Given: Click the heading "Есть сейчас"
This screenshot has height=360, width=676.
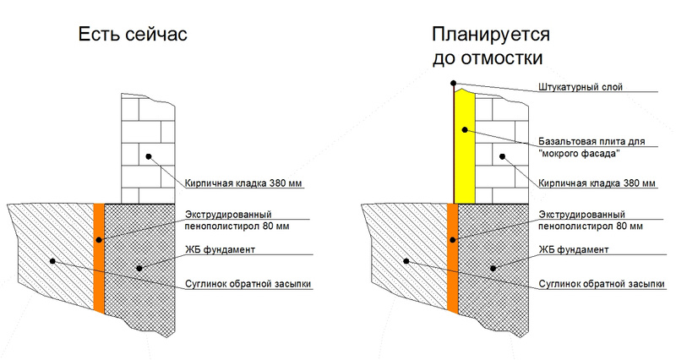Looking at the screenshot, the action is tap(133, 35).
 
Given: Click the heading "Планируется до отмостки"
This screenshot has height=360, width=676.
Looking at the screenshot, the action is tap(491, 46).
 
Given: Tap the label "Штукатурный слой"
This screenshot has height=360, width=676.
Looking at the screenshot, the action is tap(581, 87).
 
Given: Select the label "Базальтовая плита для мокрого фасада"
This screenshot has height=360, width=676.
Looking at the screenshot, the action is tap(591, 147).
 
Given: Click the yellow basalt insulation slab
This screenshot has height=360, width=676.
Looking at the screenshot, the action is tap(465, 146).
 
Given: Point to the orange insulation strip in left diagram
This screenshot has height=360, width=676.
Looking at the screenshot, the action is tap(99, 258).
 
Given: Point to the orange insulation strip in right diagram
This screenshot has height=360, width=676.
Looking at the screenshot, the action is tap(453, 258).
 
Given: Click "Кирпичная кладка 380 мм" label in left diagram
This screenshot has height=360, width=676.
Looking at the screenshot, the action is tap(243, 183).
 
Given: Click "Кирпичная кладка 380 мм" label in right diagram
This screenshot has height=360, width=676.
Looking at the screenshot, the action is tap(597, 183).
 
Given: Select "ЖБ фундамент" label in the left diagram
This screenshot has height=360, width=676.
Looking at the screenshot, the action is tap(220, 249).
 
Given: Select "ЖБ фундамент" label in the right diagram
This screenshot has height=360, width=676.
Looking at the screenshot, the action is tap(574, 249).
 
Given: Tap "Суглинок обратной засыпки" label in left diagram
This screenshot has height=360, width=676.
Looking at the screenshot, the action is tap(248, 284).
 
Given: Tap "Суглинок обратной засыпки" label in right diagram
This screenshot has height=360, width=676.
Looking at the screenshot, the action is tap(602, 284).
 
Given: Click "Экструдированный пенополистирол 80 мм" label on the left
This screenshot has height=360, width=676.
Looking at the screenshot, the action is tap(237, 221).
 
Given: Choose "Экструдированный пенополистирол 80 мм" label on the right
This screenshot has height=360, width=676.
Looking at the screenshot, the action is tap(590, 221).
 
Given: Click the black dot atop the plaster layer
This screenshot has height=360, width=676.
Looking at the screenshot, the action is tap(453, 83).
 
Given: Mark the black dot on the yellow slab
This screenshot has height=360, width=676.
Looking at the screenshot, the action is tap(465, 130).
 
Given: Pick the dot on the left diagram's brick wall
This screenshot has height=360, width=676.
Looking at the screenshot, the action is tap(149, 156).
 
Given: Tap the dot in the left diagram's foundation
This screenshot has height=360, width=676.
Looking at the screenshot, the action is tap(139, 268).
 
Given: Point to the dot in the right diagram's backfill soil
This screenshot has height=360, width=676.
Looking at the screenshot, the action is tap(406, 261).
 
